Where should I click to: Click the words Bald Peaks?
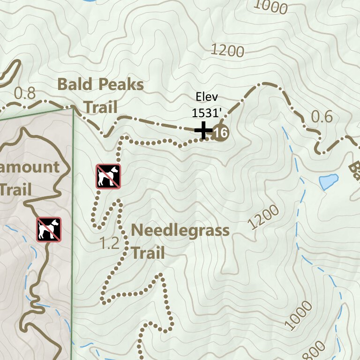(x=100, y=85)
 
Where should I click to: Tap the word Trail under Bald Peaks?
(x=100, y=107)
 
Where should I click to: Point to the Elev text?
(x=206, y=98)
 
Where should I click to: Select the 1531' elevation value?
(x=206, y=113)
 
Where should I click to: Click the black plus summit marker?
(x=203, y=130)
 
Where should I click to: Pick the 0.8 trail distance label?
(x=24, y=93)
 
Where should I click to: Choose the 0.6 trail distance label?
(x=322, y=117)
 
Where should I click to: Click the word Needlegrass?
(x=180, y=231)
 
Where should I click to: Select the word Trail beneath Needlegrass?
(x=148, y=253)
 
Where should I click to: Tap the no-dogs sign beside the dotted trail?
(x=108, y=176)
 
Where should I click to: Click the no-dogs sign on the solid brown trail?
(x=49, y=229)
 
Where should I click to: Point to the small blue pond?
(x=328, y=181)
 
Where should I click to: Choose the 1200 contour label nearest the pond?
(x=263, y=217)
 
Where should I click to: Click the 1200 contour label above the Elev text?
(x=228, y=50)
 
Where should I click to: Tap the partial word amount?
(x=30, y=167)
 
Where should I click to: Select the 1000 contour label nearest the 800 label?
(x=298, y=316)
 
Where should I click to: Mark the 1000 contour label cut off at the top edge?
(x=270, y=6)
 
